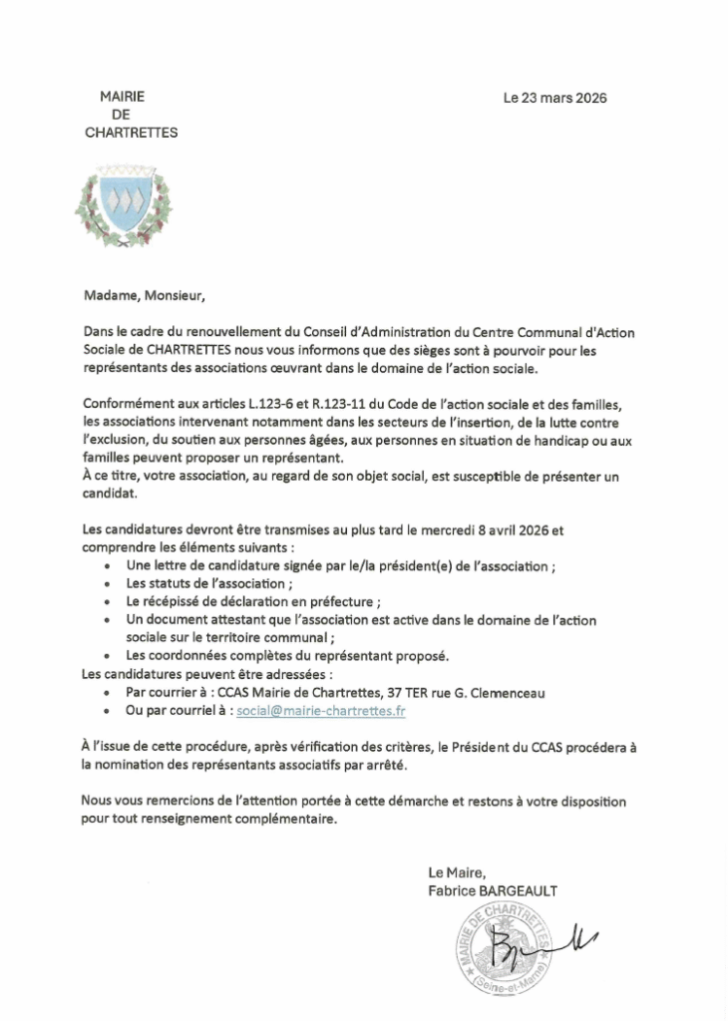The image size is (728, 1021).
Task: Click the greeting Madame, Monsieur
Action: [x=142, y=295]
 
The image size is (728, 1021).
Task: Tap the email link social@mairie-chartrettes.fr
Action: [x=322, y=711]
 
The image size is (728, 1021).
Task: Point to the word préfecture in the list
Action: [x=349, y=602]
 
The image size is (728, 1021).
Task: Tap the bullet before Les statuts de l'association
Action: [x=108, y=584]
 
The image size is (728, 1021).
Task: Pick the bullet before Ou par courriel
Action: [x=108, y=712]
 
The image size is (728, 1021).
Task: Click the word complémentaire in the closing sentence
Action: [x=281, y=821]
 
